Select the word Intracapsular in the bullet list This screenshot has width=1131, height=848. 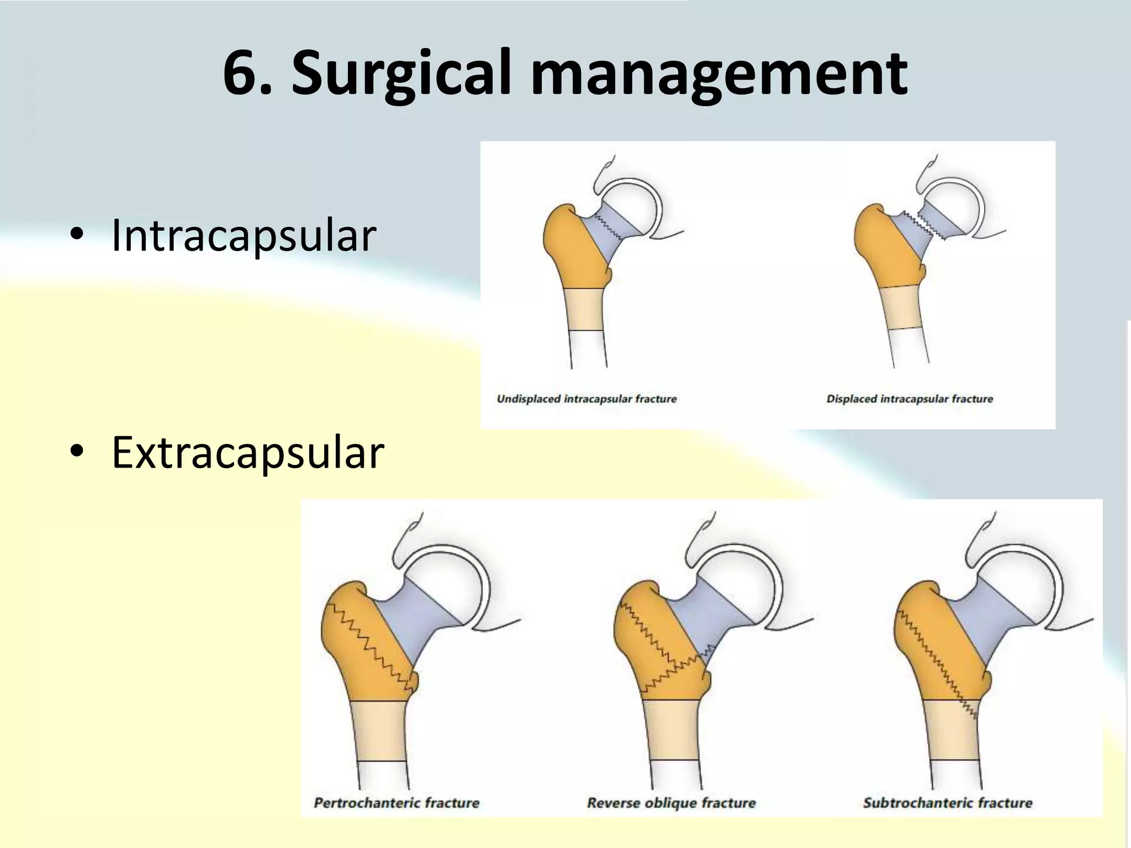(244, 235)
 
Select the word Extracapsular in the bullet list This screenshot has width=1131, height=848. (247, 453)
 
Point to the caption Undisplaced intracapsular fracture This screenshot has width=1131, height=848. (586, 399)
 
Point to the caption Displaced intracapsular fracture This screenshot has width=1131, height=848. (910, 399)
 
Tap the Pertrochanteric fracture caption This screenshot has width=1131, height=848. (397, 803)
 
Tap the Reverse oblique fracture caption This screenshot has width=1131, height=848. (671, 803)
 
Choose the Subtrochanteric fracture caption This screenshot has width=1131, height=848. (948, 803)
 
